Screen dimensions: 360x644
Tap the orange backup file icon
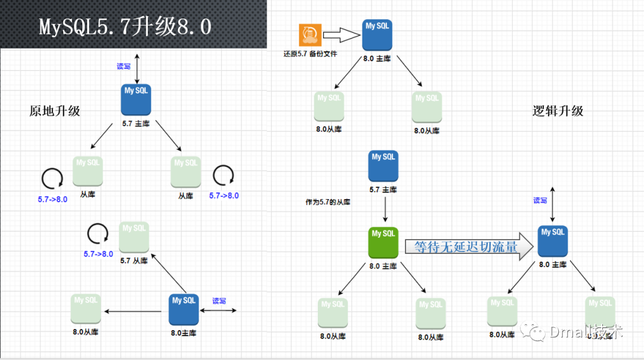click(x=310, y=35)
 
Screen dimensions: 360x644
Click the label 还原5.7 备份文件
click(x=310, y=54)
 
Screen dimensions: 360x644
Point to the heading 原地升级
click(x=55, y=111)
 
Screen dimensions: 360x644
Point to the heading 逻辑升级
click(x=558, y=111)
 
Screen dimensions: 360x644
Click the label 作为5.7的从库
click(x=328, y=202)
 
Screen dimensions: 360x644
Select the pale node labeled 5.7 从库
click(x=134, y=237)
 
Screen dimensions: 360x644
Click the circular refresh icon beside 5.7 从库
click(x=98, y=233)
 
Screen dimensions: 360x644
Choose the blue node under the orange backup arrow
click(x=377, y=35)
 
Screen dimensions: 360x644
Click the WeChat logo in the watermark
click(x=532, y=332)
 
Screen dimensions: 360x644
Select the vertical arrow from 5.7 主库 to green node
click(x=385, y=209)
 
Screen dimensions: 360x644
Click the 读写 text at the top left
click(x=123, y=67)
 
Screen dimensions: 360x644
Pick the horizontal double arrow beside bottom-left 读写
click(x=220, y=310)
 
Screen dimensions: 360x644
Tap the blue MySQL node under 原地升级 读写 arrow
click(x=136, y=100)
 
